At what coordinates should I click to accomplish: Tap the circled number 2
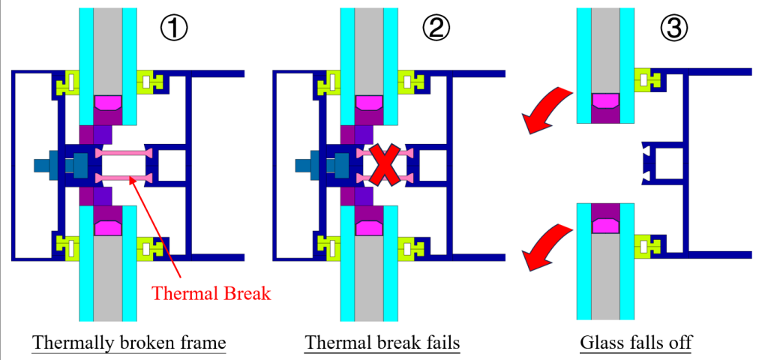click(435, 29)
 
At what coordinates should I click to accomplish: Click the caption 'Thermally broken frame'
click(129, 343)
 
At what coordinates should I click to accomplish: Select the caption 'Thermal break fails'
click(382, 343)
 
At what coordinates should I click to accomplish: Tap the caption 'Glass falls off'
click(636, 343)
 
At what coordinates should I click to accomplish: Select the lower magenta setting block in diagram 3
click(605, 223)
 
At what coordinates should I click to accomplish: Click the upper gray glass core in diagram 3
click(605, 45)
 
